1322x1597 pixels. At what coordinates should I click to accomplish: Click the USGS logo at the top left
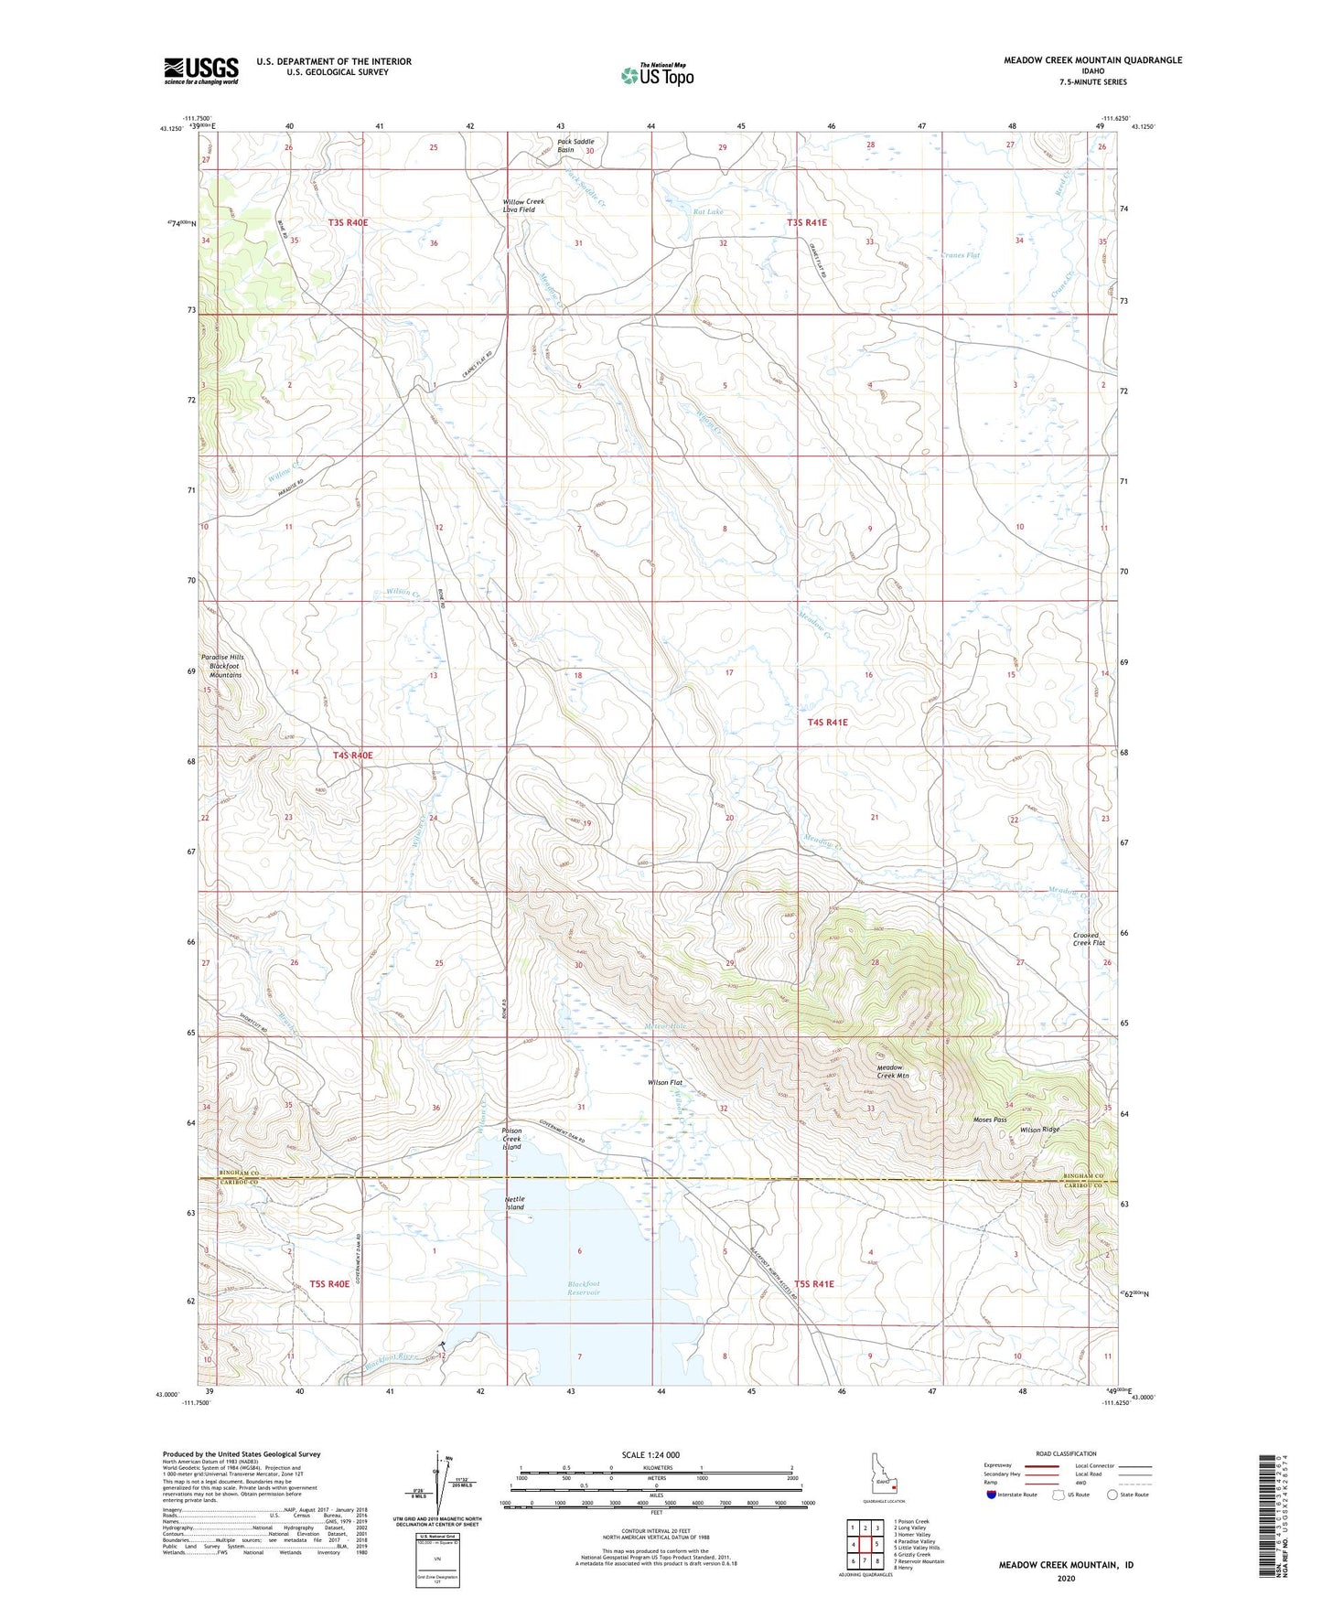click(x=201, y=70)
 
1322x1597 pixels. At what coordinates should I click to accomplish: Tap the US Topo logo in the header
click(x=656, y=74)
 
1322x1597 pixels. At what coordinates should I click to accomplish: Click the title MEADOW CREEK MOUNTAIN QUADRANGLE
click(x=1092, y=60)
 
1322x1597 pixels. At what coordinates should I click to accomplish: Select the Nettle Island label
click(x=515, y=1203)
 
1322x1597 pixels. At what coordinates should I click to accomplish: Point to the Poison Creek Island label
click(x=511, y=1139)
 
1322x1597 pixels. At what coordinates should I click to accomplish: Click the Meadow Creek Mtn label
click(x=893, y=1071)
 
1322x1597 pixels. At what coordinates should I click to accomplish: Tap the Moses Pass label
click(x=989, y=1120)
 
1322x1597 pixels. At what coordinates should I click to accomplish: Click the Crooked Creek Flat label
click(x=1089, y=939)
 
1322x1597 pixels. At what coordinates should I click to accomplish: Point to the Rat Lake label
click(x=708, y=211)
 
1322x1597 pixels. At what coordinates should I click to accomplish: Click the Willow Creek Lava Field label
click(x=523, y=206)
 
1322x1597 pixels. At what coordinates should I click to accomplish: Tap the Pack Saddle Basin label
click(x=576, y=145)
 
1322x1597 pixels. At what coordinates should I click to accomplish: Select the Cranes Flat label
click(x=960, y=255)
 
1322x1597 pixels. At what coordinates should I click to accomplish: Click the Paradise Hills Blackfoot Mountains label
click(x=223, y=666)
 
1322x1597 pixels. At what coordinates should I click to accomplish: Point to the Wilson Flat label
click(x=665, y=1082)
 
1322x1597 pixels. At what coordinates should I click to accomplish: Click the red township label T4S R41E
click(x=827, y=723)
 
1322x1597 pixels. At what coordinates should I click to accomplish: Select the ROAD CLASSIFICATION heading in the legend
click(x=1066, y=1453)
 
